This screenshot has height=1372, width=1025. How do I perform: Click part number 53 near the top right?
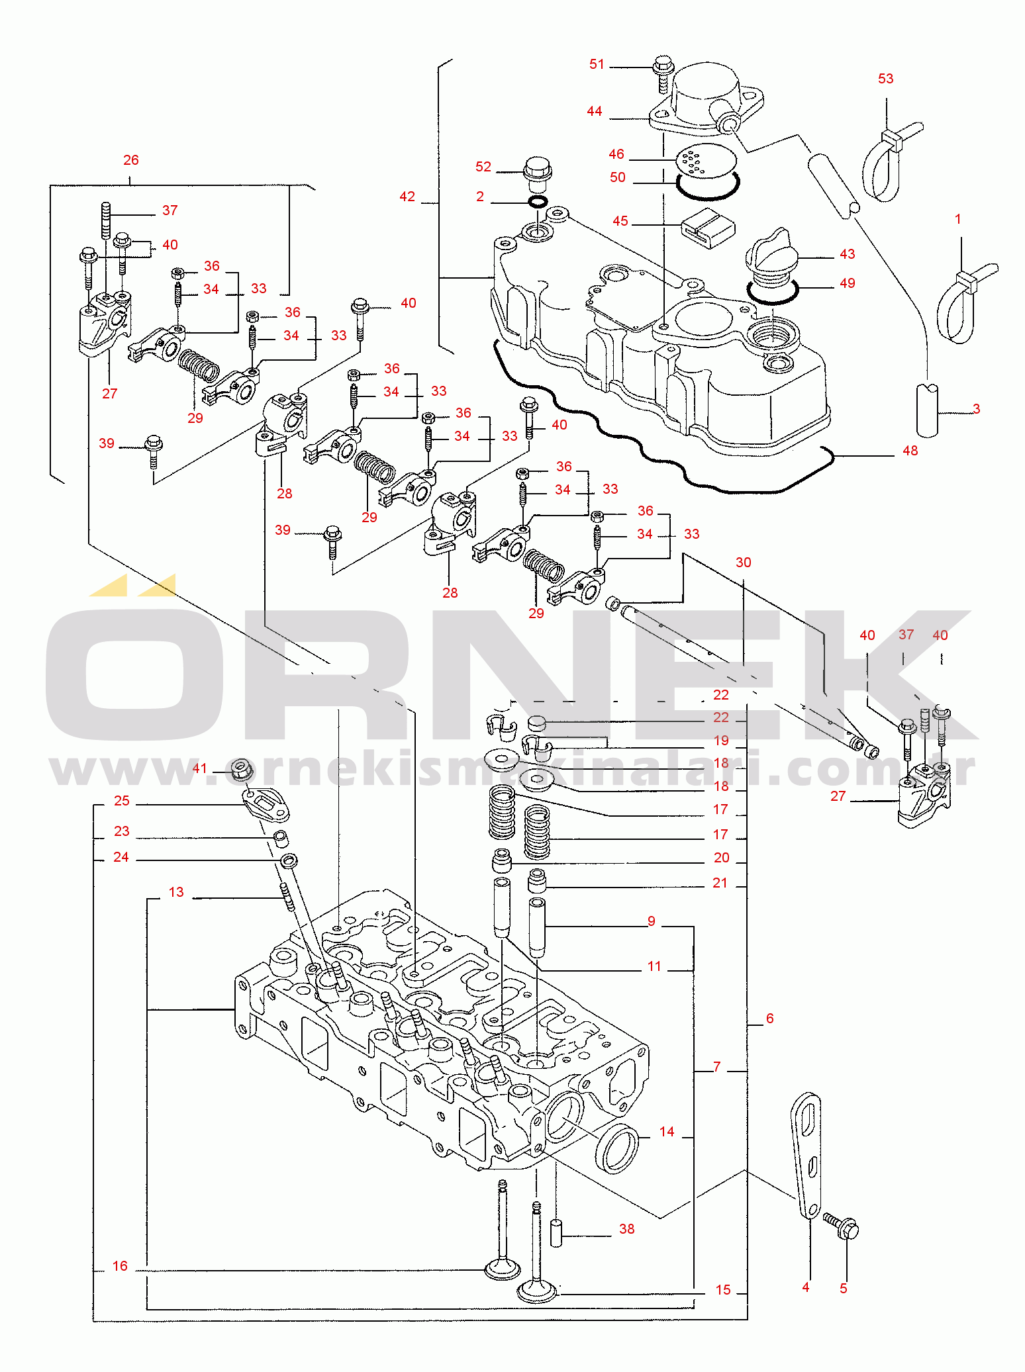tap(885, 79)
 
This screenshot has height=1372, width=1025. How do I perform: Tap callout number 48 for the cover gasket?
tap(910, 451)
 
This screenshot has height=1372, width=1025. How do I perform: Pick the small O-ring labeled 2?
tap(537, 201)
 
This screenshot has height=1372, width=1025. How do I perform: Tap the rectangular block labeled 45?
tap(708, 228)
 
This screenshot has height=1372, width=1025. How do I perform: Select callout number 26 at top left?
tap(131, 160)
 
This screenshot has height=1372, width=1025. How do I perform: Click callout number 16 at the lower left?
tap(120, 1266)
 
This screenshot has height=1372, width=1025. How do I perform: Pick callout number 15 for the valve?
tap(723, 1290)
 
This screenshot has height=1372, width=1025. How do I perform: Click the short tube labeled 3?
tap(927, 410)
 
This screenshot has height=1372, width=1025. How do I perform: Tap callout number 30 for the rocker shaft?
tap(743, 563)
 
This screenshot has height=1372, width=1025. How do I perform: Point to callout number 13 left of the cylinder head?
tap(176, 892)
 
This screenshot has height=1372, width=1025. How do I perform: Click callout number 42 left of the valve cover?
tap(407, 197)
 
